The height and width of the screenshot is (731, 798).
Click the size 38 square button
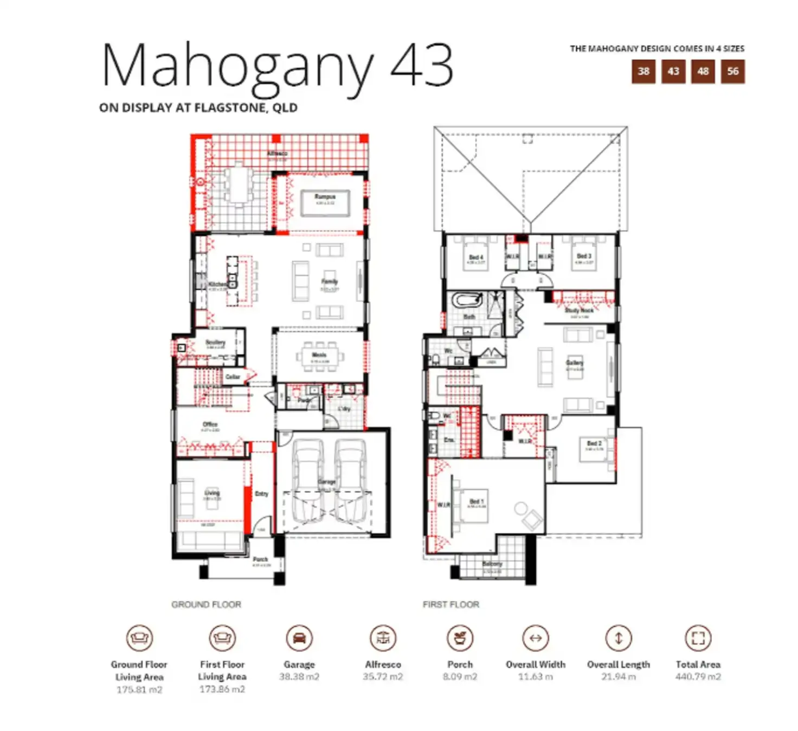pyautogui.click(x=643, y=72)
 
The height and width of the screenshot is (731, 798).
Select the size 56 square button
pyautogui.click(x=732, y=72)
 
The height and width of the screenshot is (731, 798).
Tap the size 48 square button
pyautogui.click(x=703, y=72)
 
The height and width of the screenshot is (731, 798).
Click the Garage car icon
pyautogui.click(x=299, y=638)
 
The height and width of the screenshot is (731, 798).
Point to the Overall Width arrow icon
pyautogui.click(x=535, y=638)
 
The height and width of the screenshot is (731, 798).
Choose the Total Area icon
pyautogui.click(x=698, y=638)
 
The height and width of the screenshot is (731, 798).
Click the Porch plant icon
pyautogui.click(x=460, y=638)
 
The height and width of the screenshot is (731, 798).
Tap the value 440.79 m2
pyautogui.click(x=698, y=677)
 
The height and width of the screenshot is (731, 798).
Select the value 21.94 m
pyautogui.click(x=618, y=677)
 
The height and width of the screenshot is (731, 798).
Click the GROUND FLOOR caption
pyautogui.click(x=206, y=605)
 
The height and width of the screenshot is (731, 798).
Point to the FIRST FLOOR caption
pyautogui.click(x=451, y=605)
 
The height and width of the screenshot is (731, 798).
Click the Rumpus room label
pyautogui.click(x=325, y=196)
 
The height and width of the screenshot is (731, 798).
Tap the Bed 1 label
pyautogui.click(x=477, y=501)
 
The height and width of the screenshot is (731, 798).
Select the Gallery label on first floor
pyautogui.click(x=575, y=363)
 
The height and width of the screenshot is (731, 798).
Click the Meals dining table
pyautogui.click(x=319, y=357)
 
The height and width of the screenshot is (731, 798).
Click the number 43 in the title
pyautogui.click(x=421, y=66)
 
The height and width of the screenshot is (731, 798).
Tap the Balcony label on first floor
pyautogui.click(x=492, y=564)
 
